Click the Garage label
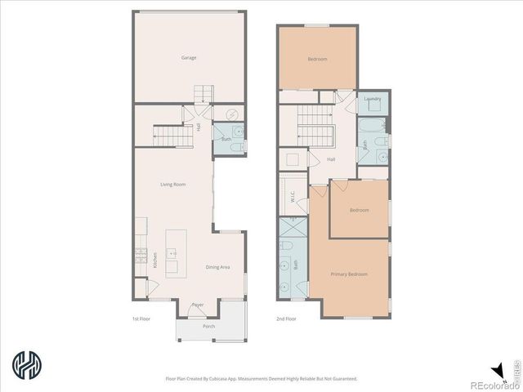(x=189, y=58)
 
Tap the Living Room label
(x=173, y=185)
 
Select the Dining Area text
(x=217, y=267)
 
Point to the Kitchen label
(x=155, y=261)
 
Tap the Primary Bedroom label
(x=349, y=274)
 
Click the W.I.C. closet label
(x=292, y=197)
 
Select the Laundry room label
(x=373, y=99)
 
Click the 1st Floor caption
(x=141, y=318)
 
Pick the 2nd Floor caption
(x=285, y=318)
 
